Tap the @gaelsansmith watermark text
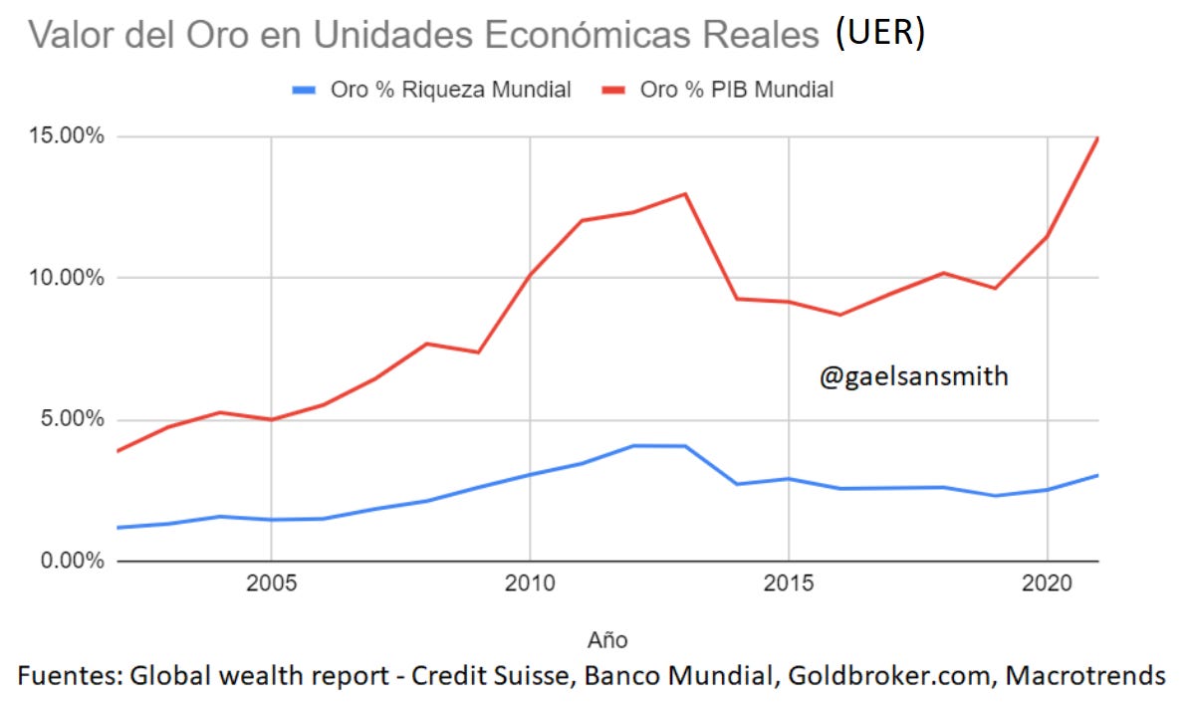point(913,377)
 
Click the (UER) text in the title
point(880,33)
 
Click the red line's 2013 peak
point(685,193)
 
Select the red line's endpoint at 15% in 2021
point(1097,138)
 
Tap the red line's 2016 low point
point(840,315)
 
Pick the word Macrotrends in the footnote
point(1084,675)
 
